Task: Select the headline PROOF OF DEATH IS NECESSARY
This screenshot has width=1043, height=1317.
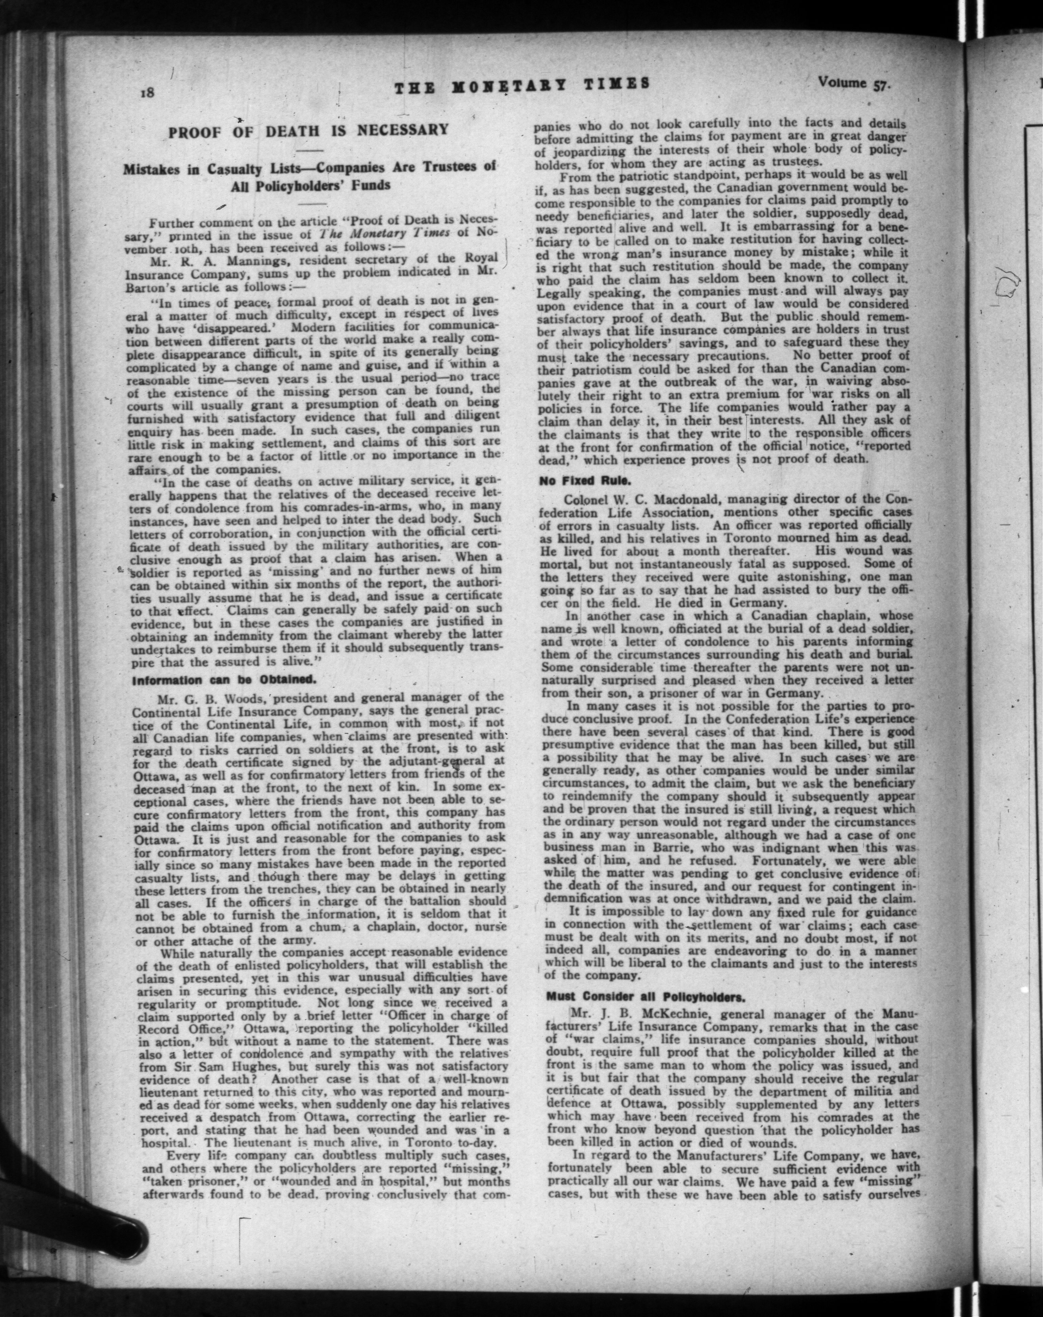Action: point(308,131)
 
